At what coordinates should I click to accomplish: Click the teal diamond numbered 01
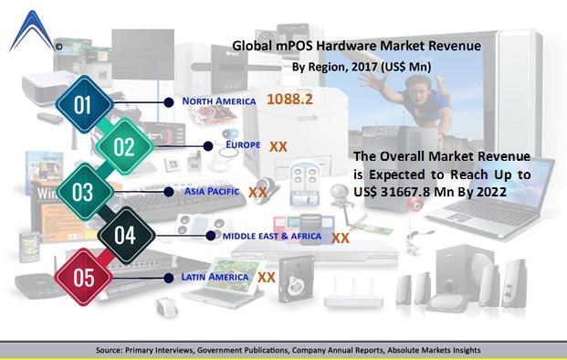pos(82,105)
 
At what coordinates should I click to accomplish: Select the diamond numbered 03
pos(82,192)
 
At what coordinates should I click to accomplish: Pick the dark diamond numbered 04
pos(124,236)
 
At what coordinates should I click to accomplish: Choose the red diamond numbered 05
pos(82,278)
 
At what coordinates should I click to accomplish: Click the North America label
pos(219,101)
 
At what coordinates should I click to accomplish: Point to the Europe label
pos(244,144)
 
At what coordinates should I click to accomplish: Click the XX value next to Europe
pos(278,145)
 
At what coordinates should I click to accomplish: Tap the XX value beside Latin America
pos(267,276)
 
